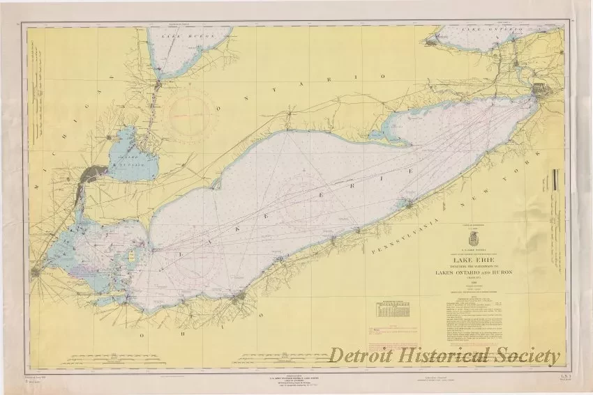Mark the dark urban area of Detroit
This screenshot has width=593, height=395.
pyautogui.click(x=93, y=173)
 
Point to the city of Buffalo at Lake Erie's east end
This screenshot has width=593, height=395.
pyautogui.click(x=540, y=91)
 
